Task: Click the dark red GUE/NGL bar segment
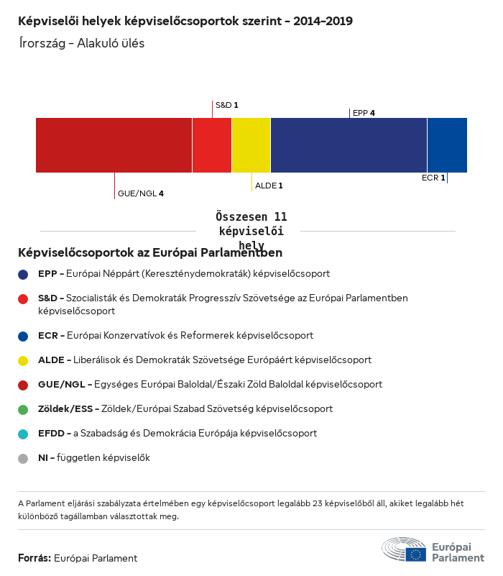tap(114, 145)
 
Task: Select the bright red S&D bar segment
tap(212, 145)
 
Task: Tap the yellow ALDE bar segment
tap(251, 145)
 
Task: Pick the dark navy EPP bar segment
tap(349, 145)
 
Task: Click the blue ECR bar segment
tap(447, 145)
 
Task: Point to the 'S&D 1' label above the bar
tap(226, 105)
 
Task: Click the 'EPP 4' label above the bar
tap(364, 113)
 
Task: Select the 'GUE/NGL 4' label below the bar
tap(141, 193)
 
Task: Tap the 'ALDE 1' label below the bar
tap(269, 186)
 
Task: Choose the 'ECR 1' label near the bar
tap(433, 178)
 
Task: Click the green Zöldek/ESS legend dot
tap(24, 409)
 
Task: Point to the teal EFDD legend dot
tap(24, 434)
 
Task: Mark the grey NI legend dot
tap(24, 458)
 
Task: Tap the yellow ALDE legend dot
tap(24, 360)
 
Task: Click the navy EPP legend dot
tap(24, 274)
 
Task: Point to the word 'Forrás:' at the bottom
tap(34, 558)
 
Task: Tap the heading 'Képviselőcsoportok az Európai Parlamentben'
tap(150, 252)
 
